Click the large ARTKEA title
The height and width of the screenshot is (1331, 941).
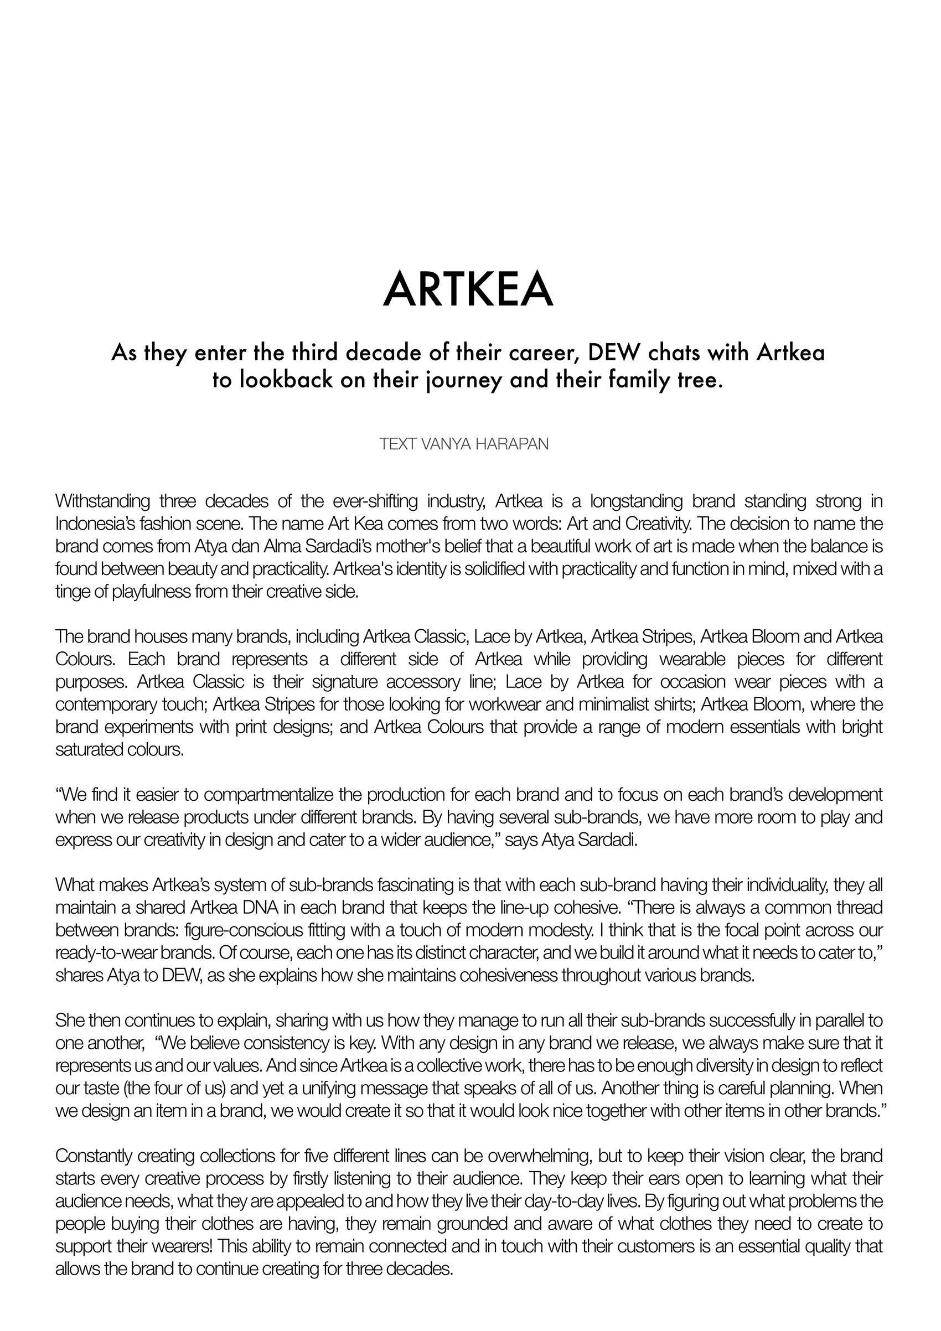[468, 290]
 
